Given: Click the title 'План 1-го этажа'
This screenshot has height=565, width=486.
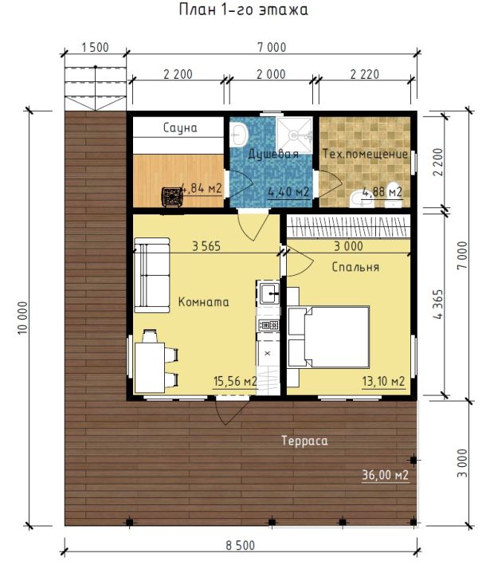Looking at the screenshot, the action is click(x=244, y=10).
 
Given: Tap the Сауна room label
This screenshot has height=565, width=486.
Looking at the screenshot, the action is click(x=180, y=128).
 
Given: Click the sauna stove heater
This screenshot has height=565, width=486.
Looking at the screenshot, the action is click(x=171, y=197).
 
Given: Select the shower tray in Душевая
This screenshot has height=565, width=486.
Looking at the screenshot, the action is click(x=294, y=135).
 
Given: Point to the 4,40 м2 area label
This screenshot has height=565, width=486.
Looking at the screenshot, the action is click(x=288, y=192).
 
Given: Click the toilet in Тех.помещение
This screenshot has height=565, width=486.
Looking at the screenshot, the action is click(x=393, y=195).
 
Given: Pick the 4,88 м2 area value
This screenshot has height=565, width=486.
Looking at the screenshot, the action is click(x=382, y=192).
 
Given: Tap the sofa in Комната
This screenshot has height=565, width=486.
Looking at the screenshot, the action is click(x=151, y=275).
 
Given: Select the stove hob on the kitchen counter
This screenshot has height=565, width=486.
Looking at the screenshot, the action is click(x=268, y=325).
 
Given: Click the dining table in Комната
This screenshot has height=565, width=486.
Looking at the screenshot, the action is click(x=150, y=367).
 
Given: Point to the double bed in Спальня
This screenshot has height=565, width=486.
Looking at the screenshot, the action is click(x=329, y=337).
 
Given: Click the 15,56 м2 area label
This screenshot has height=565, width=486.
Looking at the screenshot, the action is click(x=235, y=381).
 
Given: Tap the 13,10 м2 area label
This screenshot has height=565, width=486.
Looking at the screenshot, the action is click(x=383, y=381).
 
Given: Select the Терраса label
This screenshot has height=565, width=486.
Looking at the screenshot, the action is click(x=304, y=441).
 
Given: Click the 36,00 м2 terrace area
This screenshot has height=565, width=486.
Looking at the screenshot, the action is click(x=385, y=475).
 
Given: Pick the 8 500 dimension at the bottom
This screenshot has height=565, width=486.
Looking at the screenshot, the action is click(x=241, y=546).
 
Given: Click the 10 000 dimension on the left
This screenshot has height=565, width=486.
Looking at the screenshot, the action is click(x=22, y=318).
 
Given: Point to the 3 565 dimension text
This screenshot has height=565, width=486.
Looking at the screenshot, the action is click(x=206, y=246).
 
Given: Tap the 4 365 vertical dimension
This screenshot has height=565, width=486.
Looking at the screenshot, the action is click(x=438, y=304).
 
